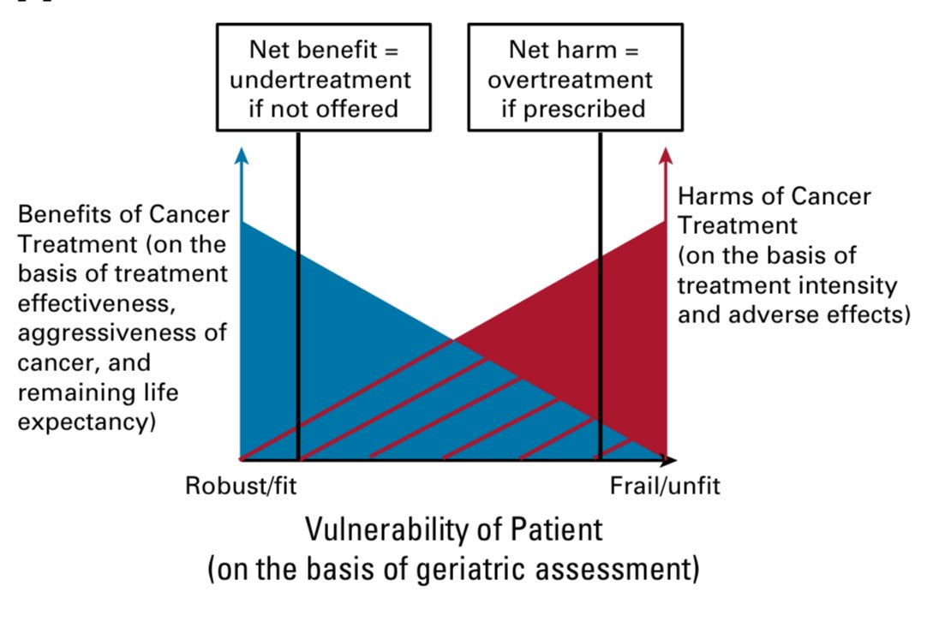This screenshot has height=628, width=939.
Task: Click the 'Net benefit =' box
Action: [x=323, y=77]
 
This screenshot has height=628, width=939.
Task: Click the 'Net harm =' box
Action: [x=574, y=77]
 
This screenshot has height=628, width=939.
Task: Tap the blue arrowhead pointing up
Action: [x=242, y=155]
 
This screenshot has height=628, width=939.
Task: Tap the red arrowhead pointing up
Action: [x=666, y=155]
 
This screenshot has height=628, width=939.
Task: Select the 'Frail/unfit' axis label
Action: [x=664, y=487]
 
